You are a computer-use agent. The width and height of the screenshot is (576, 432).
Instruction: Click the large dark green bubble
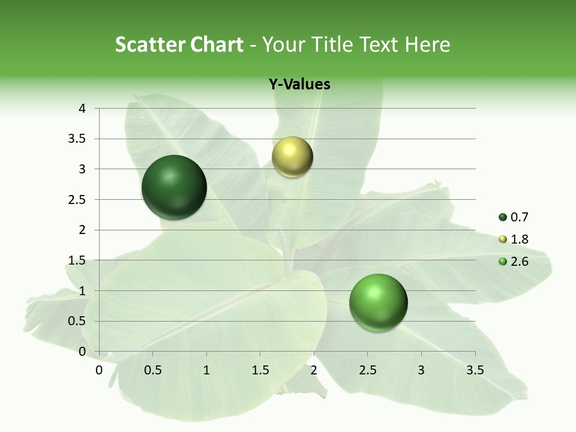(x=174, y=187)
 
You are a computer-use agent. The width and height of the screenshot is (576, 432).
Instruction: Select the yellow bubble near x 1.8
(x=292, y=157)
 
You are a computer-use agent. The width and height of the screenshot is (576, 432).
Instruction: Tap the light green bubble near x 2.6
(x=378, y=302)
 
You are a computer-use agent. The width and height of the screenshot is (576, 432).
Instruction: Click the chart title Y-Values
(x=299, y=85)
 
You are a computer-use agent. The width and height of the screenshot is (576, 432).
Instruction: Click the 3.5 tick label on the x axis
(x=475, y=370)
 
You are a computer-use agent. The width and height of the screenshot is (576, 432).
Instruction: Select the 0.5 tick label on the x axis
(x=153, y=370)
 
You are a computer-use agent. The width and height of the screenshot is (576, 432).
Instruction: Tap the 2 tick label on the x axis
(x=314, y=370)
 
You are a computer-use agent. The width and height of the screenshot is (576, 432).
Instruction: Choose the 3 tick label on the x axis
(x=421, y=370)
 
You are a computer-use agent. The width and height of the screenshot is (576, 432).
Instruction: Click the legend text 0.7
(x=520, y=218)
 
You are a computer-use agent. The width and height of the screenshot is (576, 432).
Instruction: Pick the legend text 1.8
(x=520, y=239)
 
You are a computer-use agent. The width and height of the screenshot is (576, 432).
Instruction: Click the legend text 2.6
(x=520, y=261)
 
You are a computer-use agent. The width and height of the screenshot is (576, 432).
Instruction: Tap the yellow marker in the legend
(x=503, y=239)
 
